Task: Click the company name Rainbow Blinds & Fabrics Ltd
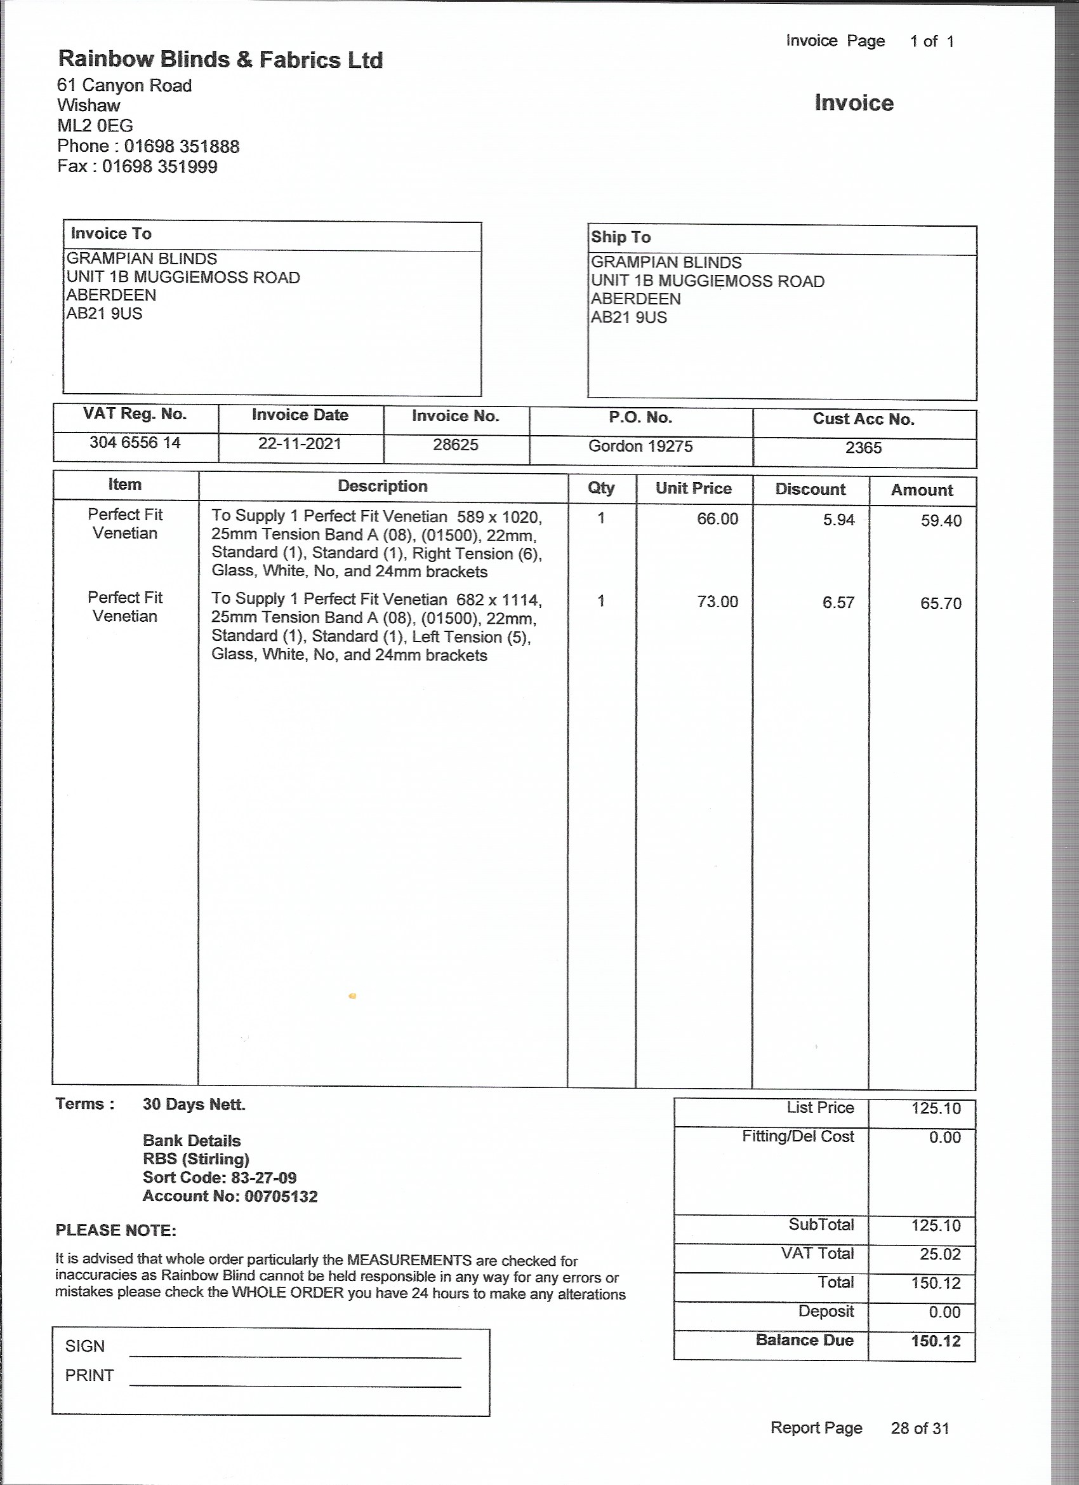220,60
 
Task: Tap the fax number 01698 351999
160,166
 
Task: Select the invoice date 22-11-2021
300,444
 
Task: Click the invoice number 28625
456,445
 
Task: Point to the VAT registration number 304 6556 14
135,443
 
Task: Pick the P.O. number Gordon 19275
640,447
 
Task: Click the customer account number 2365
863,448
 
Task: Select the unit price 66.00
717,519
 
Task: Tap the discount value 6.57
838,602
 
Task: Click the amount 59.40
940,521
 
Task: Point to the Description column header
382,487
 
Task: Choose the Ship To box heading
620,238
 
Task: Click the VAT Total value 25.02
939,1254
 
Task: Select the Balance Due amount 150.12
935,1341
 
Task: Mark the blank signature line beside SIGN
295,1354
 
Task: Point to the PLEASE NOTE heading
116,1230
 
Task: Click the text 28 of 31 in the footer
919,1428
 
